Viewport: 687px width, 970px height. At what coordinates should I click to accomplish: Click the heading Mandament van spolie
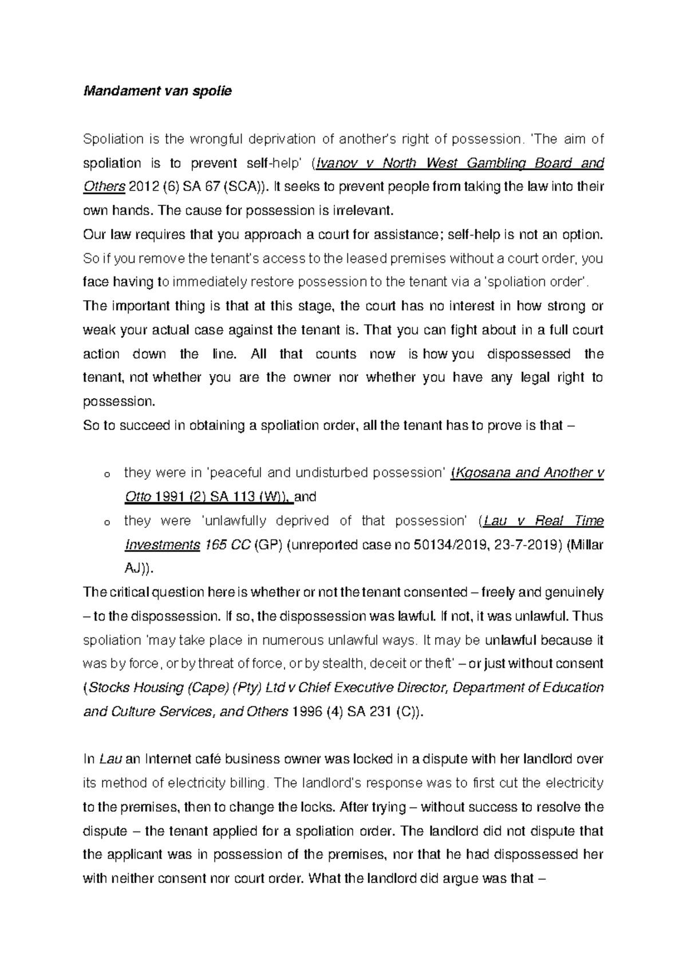point(157,91)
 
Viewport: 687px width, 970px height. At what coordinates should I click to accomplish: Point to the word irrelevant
point(364,210)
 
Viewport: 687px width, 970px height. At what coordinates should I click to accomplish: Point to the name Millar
point(587,545)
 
